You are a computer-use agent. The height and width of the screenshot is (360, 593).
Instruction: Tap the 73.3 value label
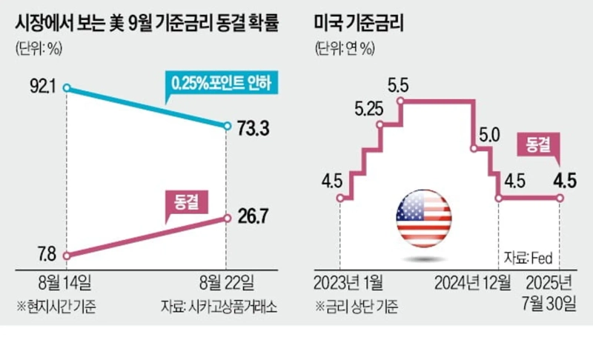coord(253,128)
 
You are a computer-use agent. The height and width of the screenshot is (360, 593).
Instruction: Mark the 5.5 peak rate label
coord(400,83)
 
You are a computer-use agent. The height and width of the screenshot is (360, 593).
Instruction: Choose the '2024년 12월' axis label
coord(472,283)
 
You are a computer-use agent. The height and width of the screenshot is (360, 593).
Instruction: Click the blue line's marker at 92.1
coord(67,89)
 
